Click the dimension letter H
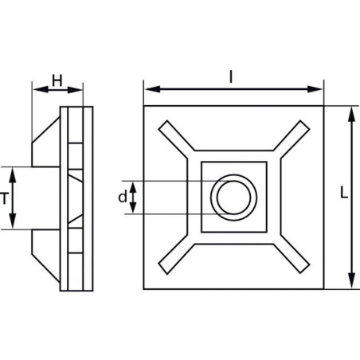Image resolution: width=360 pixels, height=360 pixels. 57,80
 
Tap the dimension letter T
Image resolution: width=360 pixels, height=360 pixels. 4,198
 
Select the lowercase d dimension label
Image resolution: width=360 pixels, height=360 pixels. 123,198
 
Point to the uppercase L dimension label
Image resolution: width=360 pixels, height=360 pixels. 344,193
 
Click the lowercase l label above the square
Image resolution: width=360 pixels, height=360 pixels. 231,77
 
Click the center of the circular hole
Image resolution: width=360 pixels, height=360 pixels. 233,198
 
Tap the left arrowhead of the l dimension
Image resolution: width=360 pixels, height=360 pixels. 153,89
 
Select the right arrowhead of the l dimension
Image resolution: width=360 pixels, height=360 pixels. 315,89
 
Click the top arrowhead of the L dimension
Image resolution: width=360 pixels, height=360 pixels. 351,115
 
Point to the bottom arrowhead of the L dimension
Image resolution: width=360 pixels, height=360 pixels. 351,280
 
